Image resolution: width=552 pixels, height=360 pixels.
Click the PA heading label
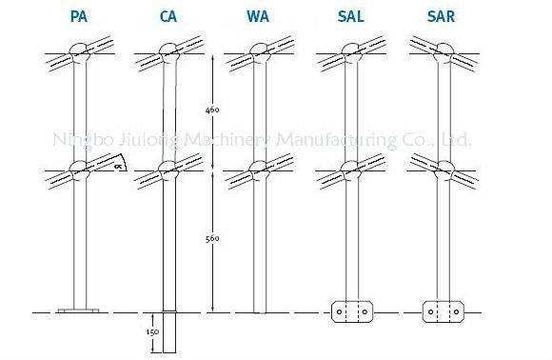click(78, 16)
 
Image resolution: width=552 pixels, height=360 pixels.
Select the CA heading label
click(168, 16)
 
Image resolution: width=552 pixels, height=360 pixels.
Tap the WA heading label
click(258, 16)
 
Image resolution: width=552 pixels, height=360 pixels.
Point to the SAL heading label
click(350, 16)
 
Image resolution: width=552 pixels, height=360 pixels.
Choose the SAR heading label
click(441, 16)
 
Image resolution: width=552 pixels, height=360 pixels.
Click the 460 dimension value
click(212, 110)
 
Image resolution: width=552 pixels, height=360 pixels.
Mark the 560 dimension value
click(212, 238)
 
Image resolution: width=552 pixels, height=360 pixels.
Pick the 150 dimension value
click(152, 331)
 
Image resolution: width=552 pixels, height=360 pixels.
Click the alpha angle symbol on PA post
click(119, 166)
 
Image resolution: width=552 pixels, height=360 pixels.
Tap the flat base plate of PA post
click(78, 310)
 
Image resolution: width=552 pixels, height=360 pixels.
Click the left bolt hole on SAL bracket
click(340, 311)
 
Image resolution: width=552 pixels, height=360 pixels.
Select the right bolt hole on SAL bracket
click(365, 311)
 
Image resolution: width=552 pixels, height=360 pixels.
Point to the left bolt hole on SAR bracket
click(430, 311)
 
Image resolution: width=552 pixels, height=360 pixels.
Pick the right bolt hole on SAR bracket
click(456, 311)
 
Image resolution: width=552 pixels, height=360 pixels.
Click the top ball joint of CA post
click(169, 52)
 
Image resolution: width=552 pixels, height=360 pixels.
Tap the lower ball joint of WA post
click(260, 170)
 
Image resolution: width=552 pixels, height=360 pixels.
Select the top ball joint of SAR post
click(444, 52)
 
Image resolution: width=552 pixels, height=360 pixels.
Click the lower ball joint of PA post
click(80, 170)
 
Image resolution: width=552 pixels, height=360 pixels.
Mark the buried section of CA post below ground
click(169, 332)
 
